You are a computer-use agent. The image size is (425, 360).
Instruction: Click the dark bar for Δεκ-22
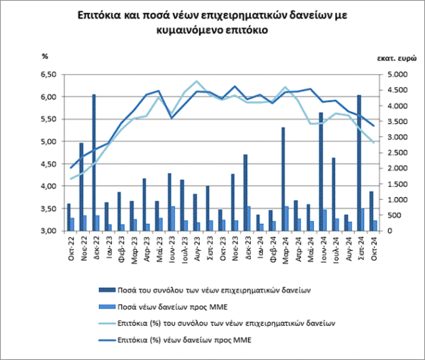[x=93, y=163]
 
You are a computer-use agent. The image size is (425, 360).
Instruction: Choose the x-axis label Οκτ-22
[x=70, y=247]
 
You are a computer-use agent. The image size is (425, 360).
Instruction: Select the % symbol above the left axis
[x=45, y=55]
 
